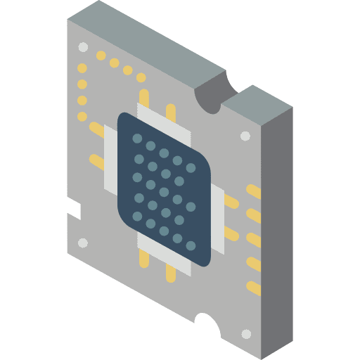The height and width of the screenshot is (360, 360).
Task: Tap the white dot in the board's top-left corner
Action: pyautogui.click(x=84, y=48)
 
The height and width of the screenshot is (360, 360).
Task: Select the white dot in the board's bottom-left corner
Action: pyautogui.click(x=83, y=243)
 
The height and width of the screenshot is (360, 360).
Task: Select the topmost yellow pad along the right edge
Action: pyautogui.click(x=253, y=191)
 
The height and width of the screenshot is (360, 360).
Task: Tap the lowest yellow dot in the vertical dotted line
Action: pyautogui.click(x=82, y=116)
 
